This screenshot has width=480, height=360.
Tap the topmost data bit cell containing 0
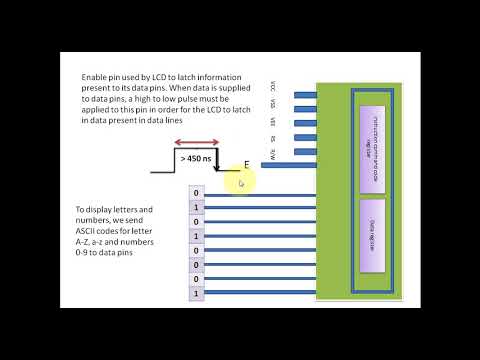[196, 193]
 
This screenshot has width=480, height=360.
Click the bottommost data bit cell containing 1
[196, 294]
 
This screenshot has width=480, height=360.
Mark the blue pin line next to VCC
[304, 96]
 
